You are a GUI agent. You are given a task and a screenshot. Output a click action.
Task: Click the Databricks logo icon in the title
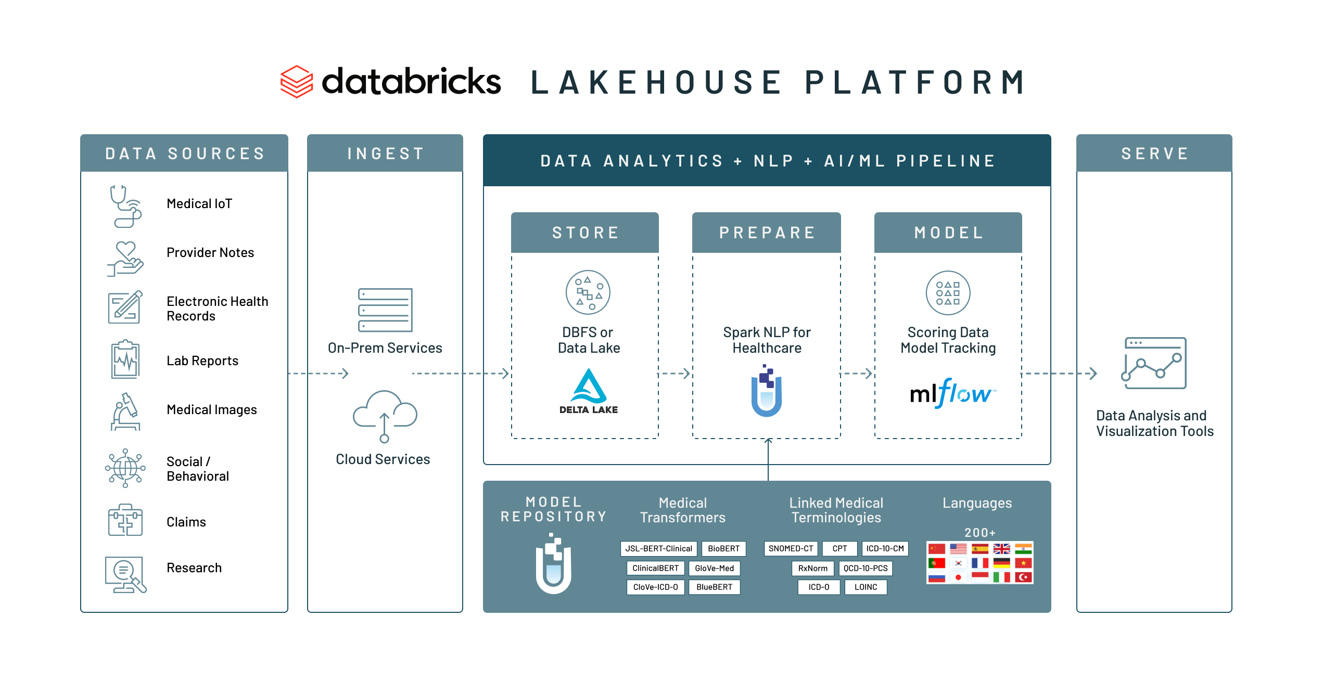point(297,82)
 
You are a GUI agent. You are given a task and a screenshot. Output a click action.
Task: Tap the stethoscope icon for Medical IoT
point(125,206)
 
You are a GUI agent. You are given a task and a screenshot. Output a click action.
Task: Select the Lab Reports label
point(202,361)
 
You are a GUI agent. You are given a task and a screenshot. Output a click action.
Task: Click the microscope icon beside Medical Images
point(125,412)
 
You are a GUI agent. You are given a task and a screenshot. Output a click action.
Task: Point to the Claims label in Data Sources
point(186,522)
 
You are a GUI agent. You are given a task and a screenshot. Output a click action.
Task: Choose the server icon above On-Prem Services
point(385,310)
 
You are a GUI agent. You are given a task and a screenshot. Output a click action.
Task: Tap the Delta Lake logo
point(589,391)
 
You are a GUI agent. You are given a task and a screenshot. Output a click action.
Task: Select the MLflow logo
point(952,393)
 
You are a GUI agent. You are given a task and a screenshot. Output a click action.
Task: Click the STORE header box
point(585,233)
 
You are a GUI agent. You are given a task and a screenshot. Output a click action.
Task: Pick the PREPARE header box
point(767,233)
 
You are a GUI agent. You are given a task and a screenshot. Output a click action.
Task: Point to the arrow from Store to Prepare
point(675,374)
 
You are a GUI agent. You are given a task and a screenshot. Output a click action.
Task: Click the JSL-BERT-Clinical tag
point(658,548)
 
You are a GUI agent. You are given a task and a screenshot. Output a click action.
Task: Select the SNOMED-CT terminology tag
point(791,548)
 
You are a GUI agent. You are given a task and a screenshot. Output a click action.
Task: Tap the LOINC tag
point(866,587)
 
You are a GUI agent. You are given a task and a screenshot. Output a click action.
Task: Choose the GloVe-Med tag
point(714,568)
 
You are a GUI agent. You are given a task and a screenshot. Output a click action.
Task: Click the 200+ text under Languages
point(979,532)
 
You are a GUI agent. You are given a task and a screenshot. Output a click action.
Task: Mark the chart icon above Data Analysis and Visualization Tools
point(1155,363)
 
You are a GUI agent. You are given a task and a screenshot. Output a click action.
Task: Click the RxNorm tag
point(812,568)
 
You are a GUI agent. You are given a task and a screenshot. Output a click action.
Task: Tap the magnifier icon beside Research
point(125,574)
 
